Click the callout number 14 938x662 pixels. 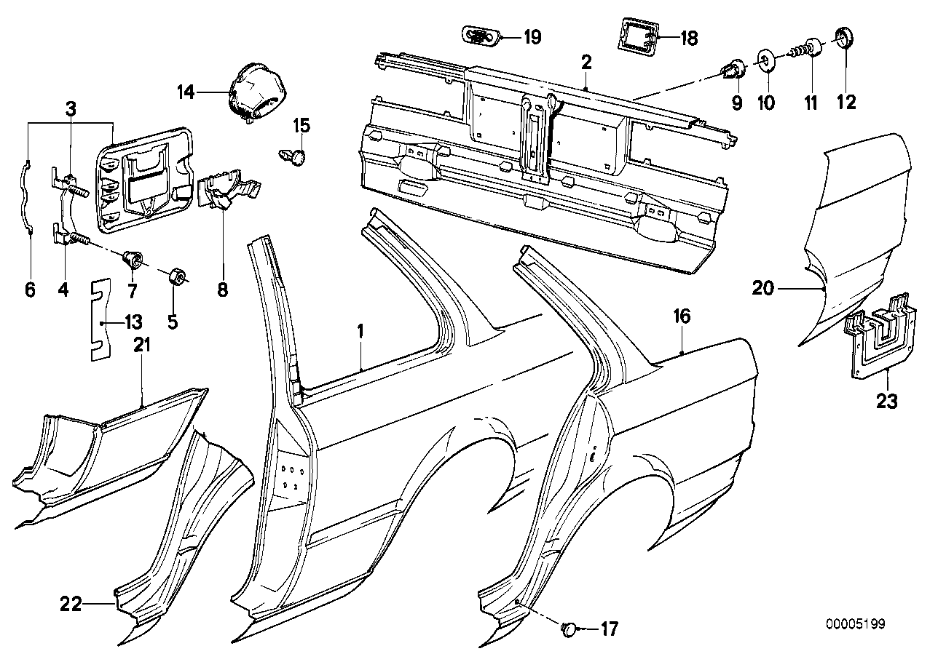[186, 92]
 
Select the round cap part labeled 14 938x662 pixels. [257, 93]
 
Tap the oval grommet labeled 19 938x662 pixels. [481, 36]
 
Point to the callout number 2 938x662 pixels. [586, 63]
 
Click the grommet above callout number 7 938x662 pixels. [133, 259]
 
